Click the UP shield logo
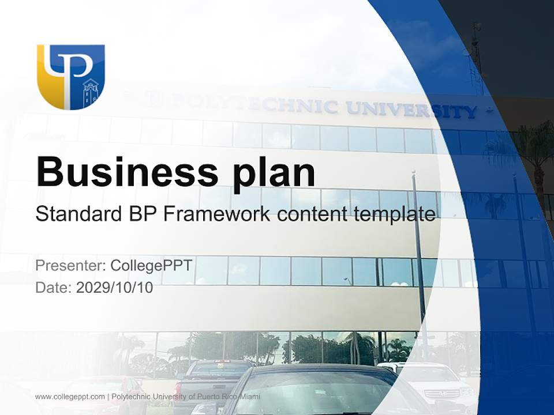click(x=70, y=76)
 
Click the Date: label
click(x=54, y=288)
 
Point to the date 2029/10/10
click(x=115, y=288)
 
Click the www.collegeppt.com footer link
click(x=69, y=397)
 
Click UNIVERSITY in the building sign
click(x=411, y=109)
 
